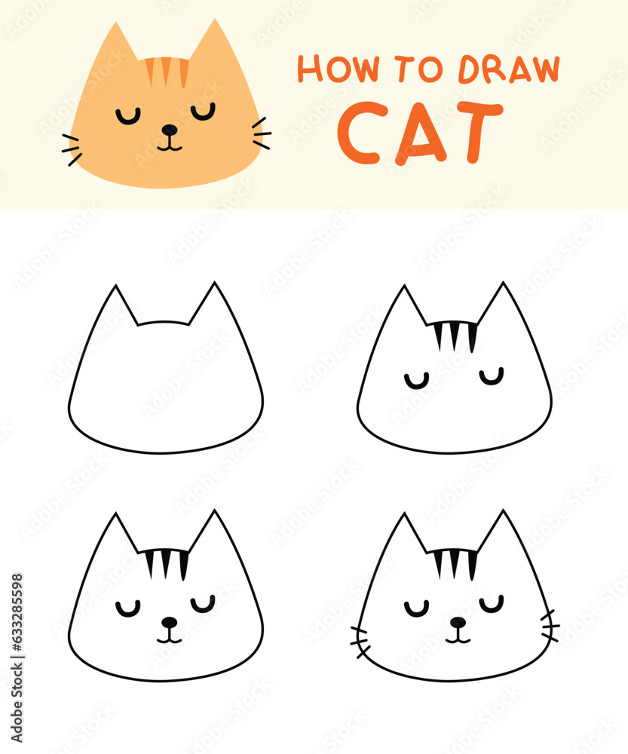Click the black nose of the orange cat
click(170, 130)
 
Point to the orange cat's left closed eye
click(128, 116)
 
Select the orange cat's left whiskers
click(72, 149)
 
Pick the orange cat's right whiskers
click(260, 133)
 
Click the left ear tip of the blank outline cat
click(116, 288)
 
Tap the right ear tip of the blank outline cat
click(215, 285)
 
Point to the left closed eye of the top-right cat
click(416, 381)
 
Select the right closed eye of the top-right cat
click(491, 377)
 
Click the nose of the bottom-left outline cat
click(170, 622)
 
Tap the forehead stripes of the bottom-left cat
click(167, 562)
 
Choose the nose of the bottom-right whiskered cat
click(458, 622)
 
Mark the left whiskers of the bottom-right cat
click(360, 640)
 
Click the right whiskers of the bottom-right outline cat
click(550, 626)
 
